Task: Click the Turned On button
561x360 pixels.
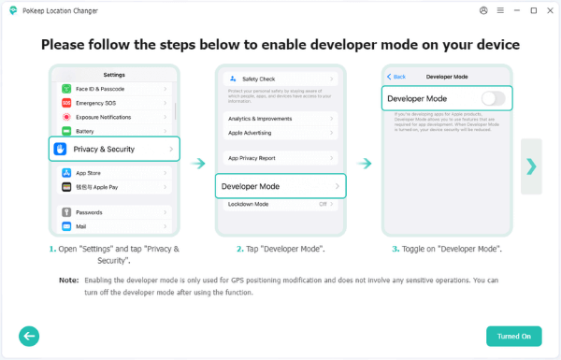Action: [x=513, y=336]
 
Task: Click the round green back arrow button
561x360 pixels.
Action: [x=29, y=336]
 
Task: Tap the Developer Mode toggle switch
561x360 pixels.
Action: [x=493, y=98]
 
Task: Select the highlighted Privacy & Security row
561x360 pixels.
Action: [x=113, y=149]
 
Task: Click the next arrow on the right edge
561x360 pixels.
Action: [x=531, y=166]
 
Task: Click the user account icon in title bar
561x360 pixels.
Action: [x=483, y=11]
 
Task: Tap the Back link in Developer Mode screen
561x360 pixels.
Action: [x=396, y=76]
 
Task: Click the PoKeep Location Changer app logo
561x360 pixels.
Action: [x=11, y=11]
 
